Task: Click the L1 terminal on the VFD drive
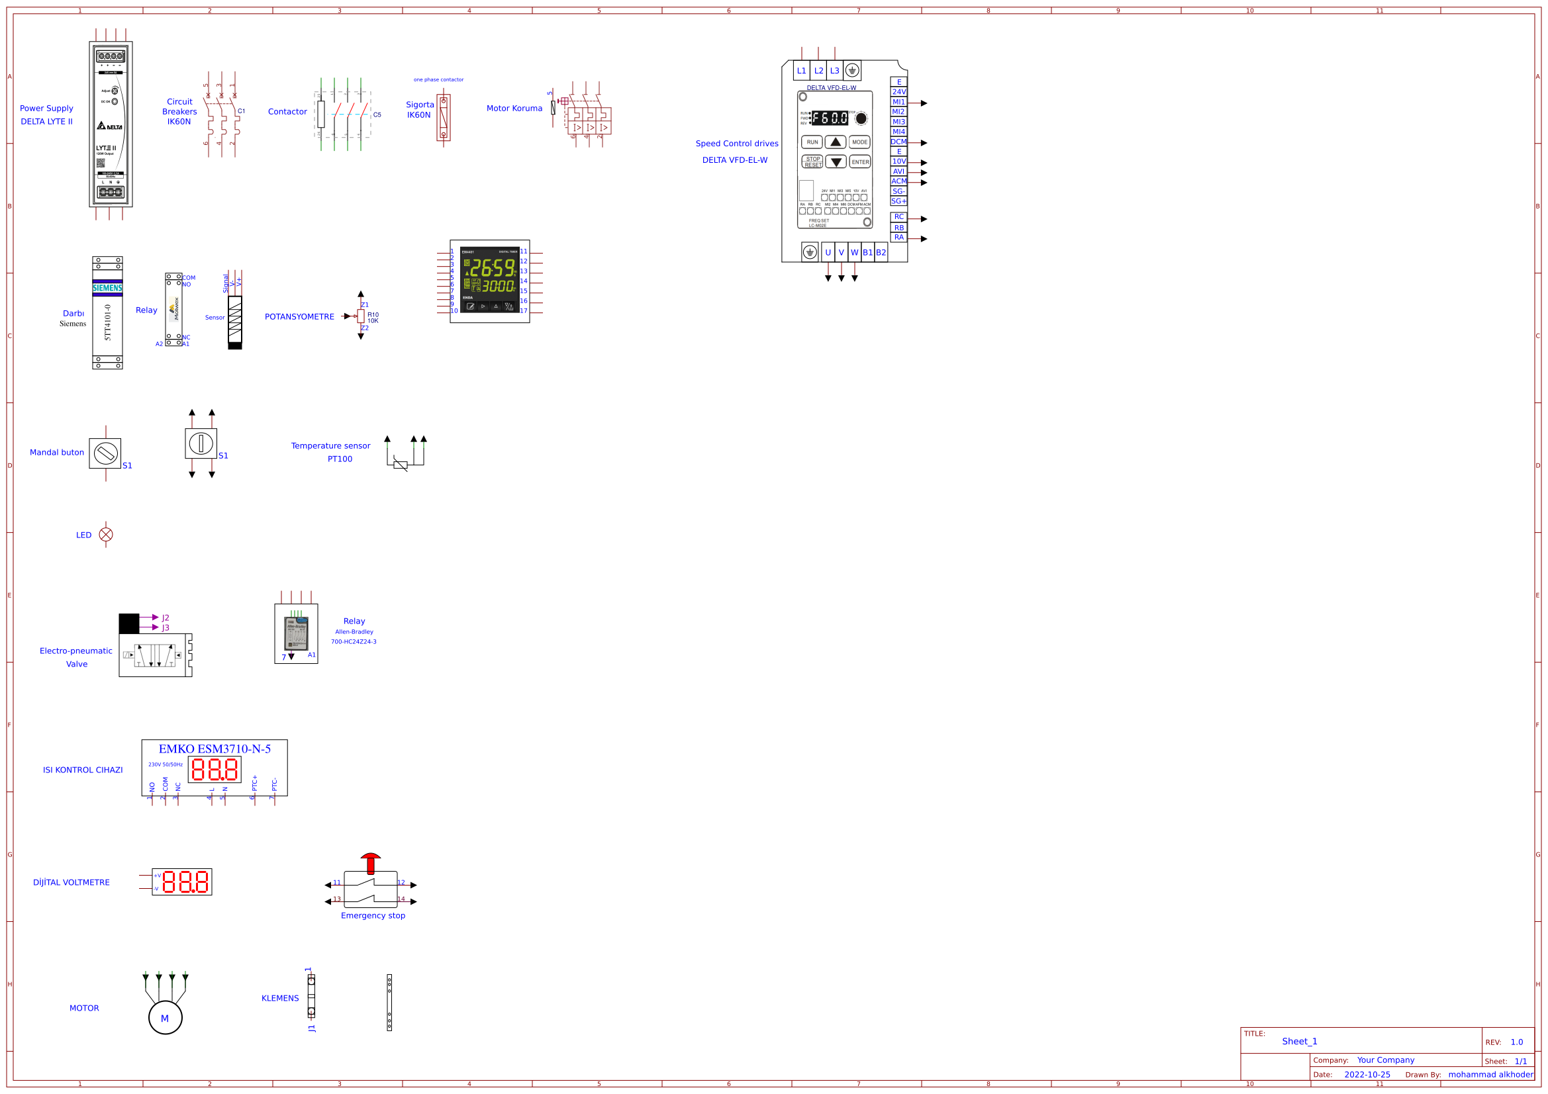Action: point(801,71)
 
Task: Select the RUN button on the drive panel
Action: point(812,142)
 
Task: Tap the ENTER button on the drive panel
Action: point(859,161)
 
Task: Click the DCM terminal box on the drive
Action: point(898,142)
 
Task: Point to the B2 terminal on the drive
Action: point(881,253)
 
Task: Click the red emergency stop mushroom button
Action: point(370,860)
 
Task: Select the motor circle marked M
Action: point(165,1018)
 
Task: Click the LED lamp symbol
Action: point(106,535)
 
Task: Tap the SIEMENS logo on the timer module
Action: point(107,288)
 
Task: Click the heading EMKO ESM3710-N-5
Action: point(215,749)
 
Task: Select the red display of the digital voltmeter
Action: point(185,882)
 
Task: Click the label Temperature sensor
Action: point(330,445)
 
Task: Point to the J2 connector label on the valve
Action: point(165,617)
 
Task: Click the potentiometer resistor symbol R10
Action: point(361,316)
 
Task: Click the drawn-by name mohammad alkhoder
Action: point(1490,1074)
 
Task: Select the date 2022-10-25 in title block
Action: point(1367,1074)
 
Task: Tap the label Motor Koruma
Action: point(514,109)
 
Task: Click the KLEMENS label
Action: point(280,998)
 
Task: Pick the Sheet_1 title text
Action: point(1299,1042)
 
